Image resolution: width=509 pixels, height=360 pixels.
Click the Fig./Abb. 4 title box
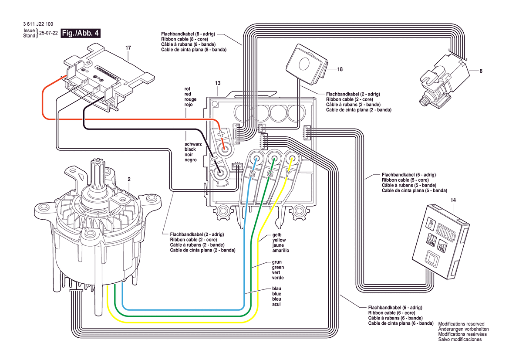tap(81, 34)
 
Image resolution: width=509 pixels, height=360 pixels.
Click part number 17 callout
tap(128, 47)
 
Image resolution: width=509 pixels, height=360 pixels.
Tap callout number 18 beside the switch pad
tap(340, 69)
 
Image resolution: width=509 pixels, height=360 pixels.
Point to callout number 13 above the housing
tap(218, 83)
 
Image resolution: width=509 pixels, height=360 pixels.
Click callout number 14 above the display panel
tap(453, 200)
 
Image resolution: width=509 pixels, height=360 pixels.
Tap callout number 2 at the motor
tap(128, 179)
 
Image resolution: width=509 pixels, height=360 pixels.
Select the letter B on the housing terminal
tap(252, 175)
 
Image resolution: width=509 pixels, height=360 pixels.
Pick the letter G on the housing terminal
tap(270, 174)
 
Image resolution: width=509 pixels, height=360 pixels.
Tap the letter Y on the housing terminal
tap(288, 173)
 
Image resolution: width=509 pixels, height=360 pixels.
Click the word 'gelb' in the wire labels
tap(277, 234)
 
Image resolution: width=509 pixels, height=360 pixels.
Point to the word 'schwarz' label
tap(193, 144)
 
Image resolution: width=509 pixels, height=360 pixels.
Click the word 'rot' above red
tap(188, 89)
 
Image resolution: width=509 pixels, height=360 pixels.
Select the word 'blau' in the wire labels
tap(276, 289)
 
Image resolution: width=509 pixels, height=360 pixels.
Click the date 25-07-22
tap(48, 34)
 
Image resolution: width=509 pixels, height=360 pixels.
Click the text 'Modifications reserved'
tap(461, 324)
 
